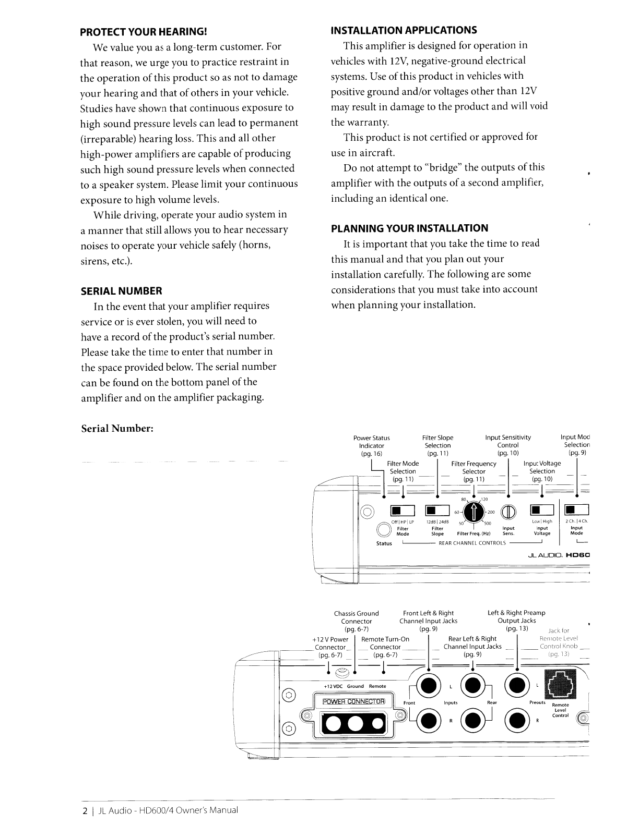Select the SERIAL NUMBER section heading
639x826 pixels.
coord(122,290)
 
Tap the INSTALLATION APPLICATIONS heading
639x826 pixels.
coord(404,30)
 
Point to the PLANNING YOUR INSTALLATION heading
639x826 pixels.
coord(410,228)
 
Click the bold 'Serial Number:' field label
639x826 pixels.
coord(117,428)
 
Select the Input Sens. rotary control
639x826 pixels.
coord(509,512)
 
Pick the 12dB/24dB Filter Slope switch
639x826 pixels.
coord(437,511)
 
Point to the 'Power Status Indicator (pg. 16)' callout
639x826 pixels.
coord(371,445)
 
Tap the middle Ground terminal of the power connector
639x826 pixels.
coord(354,722)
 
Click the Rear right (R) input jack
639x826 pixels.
coord(473,721)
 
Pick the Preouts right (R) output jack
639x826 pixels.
coord(517,721)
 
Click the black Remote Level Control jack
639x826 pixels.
coord(560,684)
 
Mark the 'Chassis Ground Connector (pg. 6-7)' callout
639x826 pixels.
coord(356,621)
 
